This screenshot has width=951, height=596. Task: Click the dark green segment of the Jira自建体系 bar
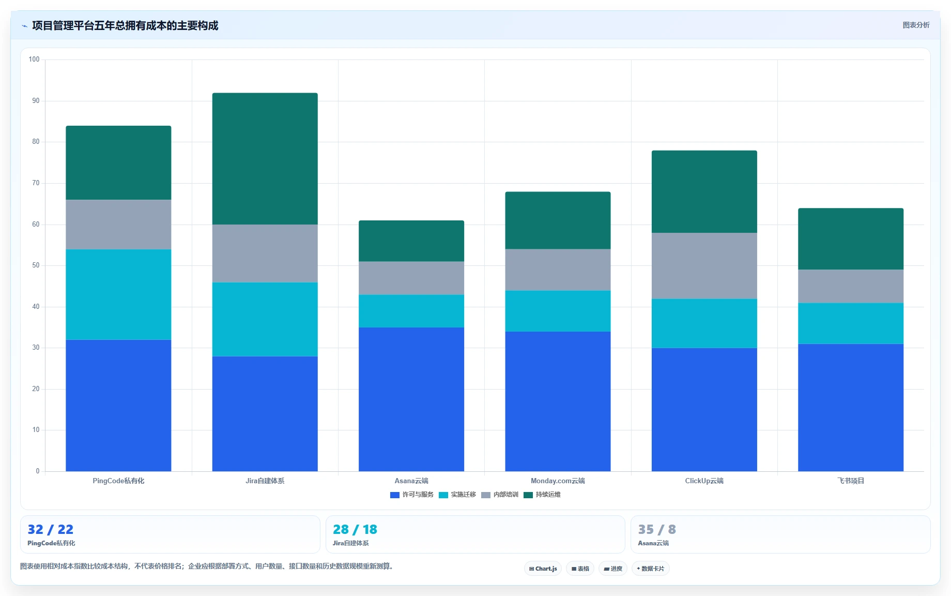(x=265, y=159)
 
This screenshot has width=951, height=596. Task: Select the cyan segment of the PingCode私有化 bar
(x=118, y=294)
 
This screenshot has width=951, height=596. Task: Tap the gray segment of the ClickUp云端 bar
(x=704, y=266)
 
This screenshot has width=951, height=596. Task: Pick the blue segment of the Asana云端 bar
(x=411, y=399)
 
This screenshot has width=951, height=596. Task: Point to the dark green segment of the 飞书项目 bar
(x=851, y=239)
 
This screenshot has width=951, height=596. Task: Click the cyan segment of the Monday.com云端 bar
(x=558, y=311)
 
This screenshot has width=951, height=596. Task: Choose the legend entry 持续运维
(x=542, y=495)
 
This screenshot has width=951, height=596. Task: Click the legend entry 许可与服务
(x=412, y=495)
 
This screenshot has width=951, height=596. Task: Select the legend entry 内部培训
(x=500, y=495)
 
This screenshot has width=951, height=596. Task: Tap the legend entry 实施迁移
(x=457, y=495)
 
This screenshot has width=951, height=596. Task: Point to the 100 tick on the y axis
(x=34, y=59)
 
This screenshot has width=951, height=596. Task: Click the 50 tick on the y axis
(x=36, y=265)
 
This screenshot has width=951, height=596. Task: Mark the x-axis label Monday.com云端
(x=558, y=481)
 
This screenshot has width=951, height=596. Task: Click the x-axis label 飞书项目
(x=851, y=481)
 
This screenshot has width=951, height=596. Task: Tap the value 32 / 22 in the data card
(x=51, y=529)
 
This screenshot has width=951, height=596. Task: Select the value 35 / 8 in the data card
(x=657, y=529)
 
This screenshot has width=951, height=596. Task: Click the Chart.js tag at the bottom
(x=543, y=569)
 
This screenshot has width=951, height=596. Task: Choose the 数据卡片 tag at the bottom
(x=650, y=569)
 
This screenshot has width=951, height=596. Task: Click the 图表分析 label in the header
(x=916, y=25)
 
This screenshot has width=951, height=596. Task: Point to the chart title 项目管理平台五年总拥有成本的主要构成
(x=125, y=25)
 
